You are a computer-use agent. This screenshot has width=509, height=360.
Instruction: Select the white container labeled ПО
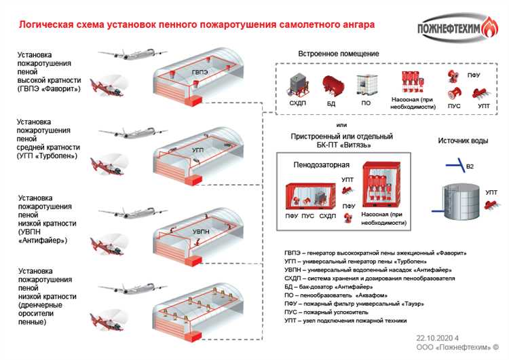click(366, 88)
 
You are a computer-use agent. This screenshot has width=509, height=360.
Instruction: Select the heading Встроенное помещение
click(339, 54)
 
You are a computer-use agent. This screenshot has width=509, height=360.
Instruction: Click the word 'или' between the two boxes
click(341, 126)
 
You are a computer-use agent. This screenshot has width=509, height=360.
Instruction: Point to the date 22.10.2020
click(435, 338)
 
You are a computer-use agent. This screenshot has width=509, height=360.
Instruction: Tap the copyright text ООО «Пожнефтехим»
click(453, 348)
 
